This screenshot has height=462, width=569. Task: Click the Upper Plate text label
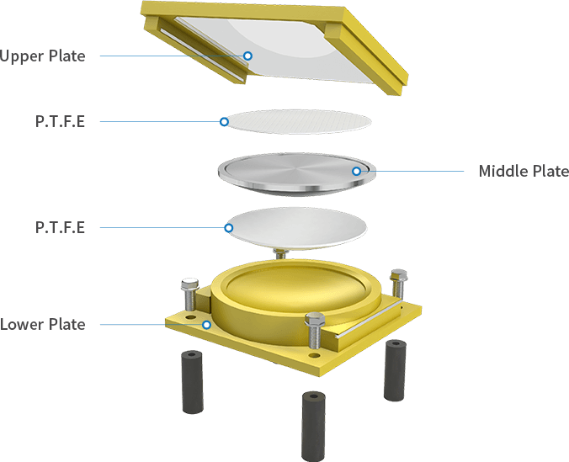(42, 56)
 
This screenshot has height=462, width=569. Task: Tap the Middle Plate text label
(524, 171)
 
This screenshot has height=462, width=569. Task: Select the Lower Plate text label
(42, 324)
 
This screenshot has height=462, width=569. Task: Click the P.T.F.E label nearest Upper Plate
(60, 121)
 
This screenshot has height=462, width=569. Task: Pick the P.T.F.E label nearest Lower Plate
(60, 227)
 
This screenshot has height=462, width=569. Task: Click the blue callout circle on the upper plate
(247, 56)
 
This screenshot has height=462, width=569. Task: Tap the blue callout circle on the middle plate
(357, 171)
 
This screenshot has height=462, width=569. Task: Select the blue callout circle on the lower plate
(206, 325)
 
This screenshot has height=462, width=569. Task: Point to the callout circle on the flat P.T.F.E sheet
(224, 121)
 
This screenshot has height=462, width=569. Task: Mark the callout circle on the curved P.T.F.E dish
(229, 228)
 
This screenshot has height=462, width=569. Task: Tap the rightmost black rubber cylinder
(395, 370)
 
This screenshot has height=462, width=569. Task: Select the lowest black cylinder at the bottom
(313, 426)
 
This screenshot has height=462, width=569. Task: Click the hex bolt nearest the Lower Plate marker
(189, 295)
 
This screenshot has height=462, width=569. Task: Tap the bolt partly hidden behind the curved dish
(280, 253)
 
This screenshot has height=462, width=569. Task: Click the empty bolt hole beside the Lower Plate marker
(189, 317)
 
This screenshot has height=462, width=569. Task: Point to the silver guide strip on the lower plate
(368, 320)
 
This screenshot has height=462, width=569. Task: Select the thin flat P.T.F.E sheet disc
(298, 121)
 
